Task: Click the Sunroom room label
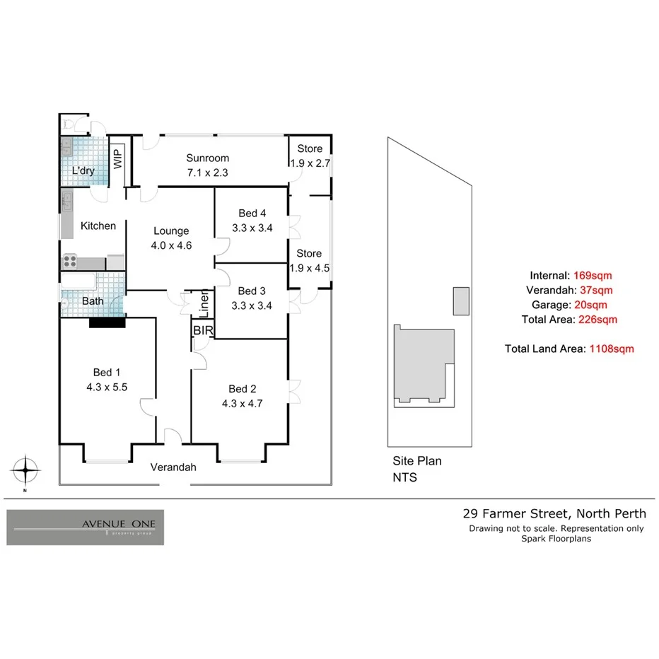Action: click(207, 158)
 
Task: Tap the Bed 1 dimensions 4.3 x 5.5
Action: click(106, 387)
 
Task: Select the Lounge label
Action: click(171, 231)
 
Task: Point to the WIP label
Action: click(118, 157)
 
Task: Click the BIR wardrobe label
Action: click(201, 329)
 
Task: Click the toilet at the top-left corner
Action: click(68, 124)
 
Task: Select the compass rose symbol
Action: click(25, 469)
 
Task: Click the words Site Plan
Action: click(417, 461)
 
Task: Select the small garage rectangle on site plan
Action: click(461, 301)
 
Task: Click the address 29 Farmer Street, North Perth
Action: click(554, 514)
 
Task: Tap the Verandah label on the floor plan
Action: click(173, 467)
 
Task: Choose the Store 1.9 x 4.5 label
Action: click(310, 253)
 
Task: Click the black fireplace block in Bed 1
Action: click(107, 323)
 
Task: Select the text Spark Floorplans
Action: click(556, 539)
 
